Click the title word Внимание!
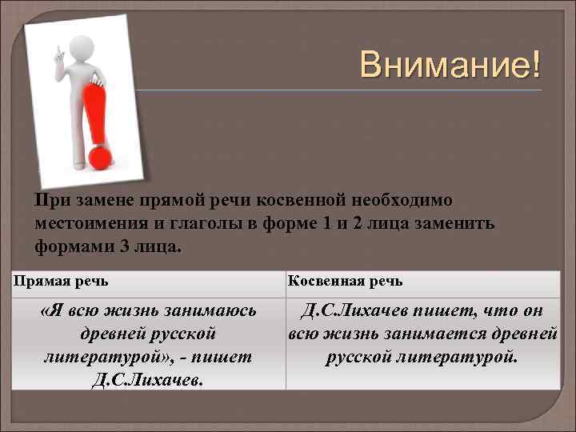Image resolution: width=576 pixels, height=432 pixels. pyautogui.click(x=450, y=64)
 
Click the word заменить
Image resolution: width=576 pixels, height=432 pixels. pyautogui.click(x=457, y=223)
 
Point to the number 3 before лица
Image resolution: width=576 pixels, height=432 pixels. pyautogui.click(x=125, y=246)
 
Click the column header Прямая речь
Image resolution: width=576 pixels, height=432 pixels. pyautogui.click(x=62, y=281)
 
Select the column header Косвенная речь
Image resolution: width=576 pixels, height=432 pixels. pyautogui.click(x=346, y=281)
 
